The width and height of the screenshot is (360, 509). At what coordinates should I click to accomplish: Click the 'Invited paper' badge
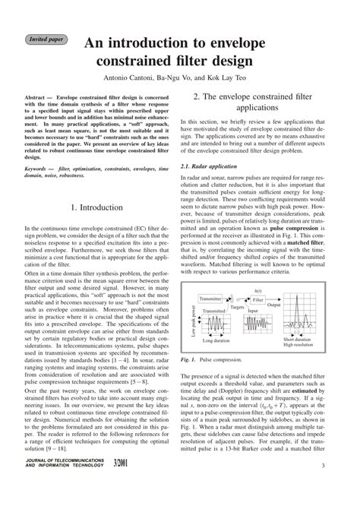tap(46, 37)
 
